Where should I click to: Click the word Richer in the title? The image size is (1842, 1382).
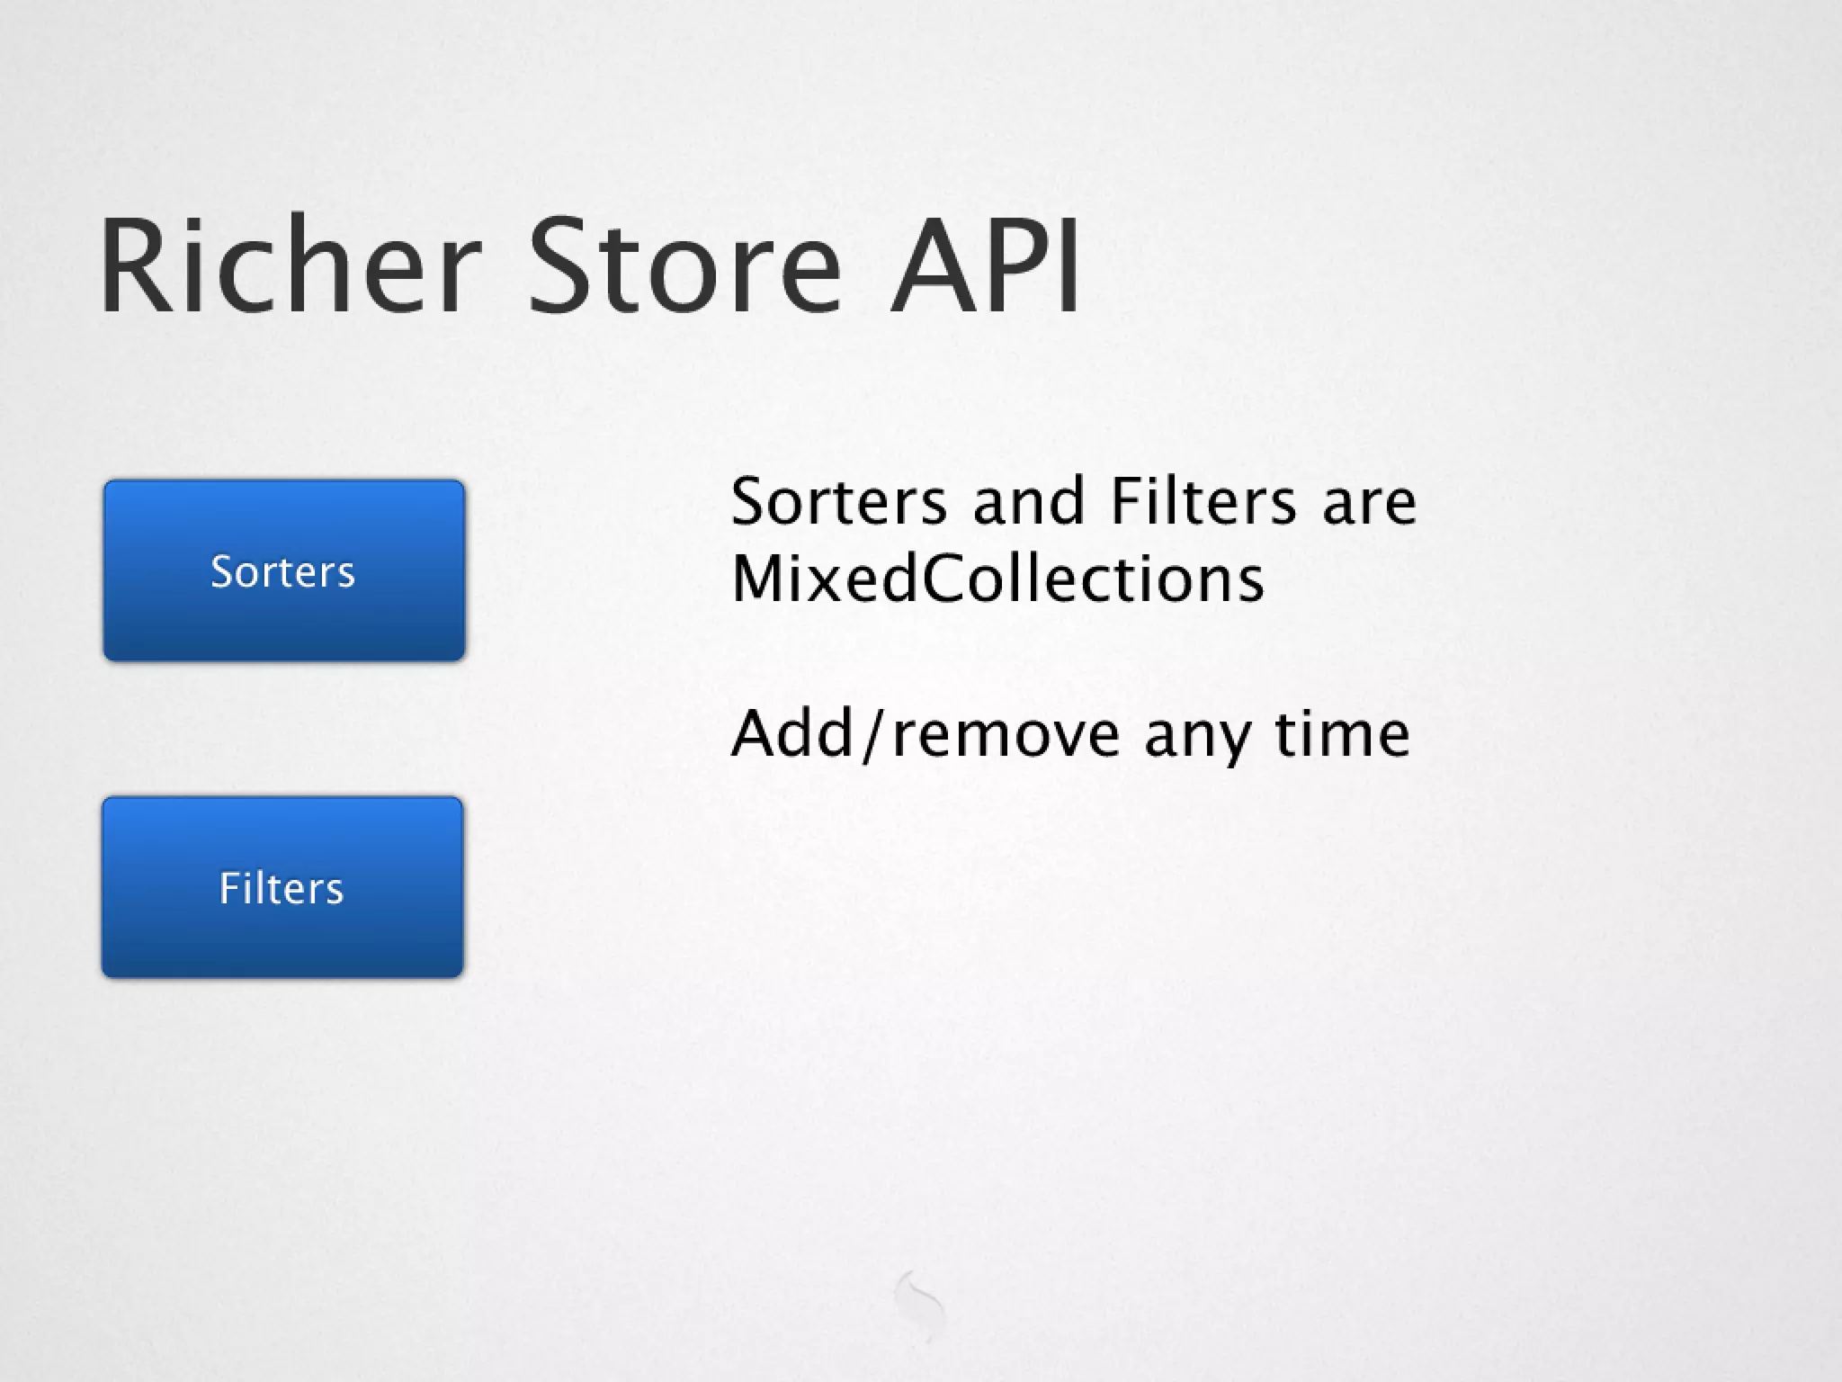coord(286,267)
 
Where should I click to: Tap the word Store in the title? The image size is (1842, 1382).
coord(684,267)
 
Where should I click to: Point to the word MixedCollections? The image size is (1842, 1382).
coord(997,578)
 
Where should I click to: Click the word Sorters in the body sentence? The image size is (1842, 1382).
coord(838,501)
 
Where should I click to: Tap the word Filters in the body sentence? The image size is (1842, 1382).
coord(1203,501)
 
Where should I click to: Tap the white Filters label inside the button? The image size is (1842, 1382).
coord(282,889)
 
